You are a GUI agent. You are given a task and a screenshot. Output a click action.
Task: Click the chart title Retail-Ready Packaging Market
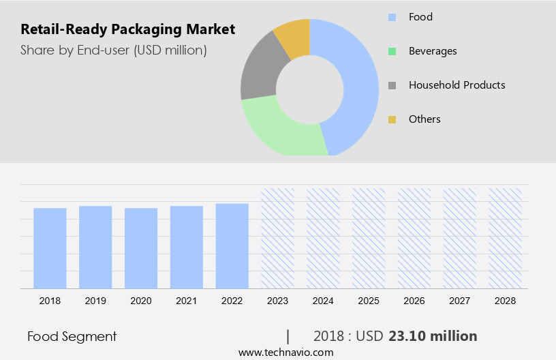pyautogui.click(x=127, y=29)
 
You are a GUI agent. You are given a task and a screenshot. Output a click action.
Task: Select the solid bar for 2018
pyautogui.click(x=50, y=248)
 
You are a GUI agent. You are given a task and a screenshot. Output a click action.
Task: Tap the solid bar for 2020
pyautogui.click(x=141, y=248)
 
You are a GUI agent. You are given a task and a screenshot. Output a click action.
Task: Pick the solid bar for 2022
pyautogui.click(x=232, y=245)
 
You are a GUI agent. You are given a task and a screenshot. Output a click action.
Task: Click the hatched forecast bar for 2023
pyautogui.click(x=278, y=238)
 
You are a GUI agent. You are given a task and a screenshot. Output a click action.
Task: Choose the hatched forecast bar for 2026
pyautogui.click(x=414, y=238)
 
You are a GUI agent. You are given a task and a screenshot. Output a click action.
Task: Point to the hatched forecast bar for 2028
pyautogui.click(x=506, y=238)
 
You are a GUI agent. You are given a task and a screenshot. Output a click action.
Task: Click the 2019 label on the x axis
pyautogui.click(x=95, y=300)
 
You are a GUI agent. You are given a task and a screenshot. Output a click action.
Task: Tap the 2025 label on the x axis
pyautogui.click(x=369, y=300)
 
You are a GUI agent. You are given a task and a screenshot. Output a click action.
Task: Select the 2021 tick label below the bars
pyautogui.click(x=187, y=300)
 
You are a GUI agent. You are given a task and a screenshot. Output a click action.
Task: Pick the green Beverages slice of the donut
pyautogui.click(x=279, y=130)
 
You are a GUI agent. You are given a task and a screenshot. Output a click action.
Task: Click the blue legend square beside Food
pyautogui.click(x=392, y=17)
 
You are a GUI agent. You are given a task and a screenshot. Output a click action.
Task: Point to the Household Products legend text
pyautogui.click(x=457, y=85)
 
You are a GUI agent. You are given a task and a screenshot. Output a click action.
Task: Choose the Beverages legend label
pyautogui.click(x=433, y=51)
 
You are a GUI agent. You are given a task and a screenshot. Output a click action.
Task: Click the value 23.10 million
pyautogui.click(x=433, y=336)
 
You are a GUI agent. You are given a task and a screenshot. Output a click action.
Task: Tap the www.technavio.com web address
pyautogui.click(x=285, y=352)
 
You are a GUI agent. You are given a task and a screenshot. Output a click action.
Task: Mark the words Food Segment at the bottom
pyautogui.click(x=72, y=336)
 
